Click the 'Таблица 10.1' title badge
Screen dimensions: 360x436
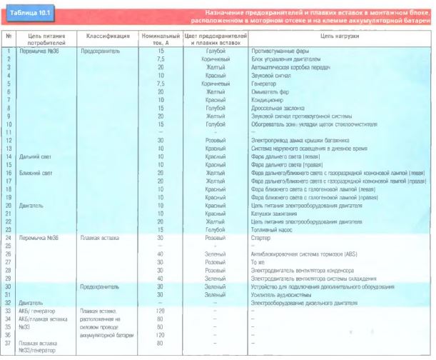point(28,14)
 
